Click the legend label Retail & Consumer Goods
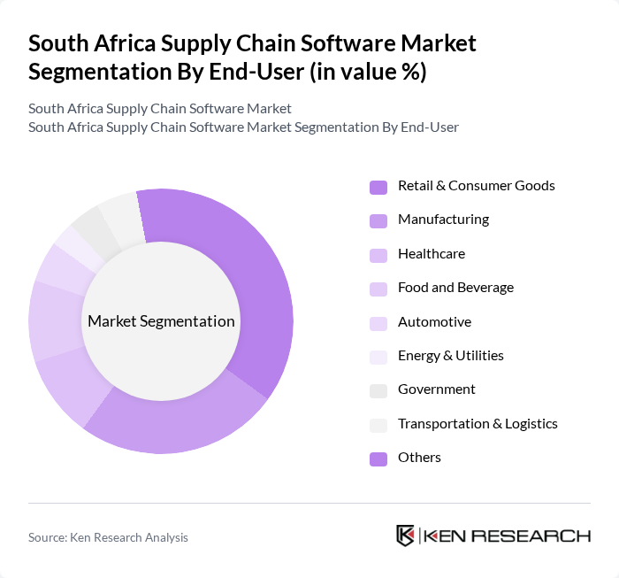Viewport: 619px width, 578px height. coord(476,186)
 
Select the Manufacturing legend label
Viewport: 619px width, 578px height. coord(443,220)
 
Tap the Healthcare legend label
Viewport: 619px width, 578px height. coord(431,254)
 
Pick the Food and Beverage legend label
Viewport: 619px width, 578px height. coord(455,288)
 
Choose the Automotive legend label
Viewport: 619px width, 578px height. coord(434,322)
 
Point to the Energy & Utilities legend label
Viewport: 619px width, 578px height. coord(450,356)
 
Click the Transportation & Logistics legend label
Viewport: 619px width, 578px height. coord(478,424)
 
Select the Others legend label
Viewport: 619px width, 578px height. coord(419,458)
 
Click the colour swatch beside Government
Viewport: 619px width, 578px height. coord(378,390)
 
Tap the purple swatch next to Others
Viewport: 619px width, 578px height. coord(378,459)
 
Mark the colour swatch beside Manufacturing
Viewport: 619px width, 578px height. coord(378,220)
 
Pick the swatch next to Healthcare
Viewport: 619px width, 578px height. coord(378,255)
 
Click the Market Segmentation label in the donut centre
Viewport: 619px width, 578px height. coord(161,321)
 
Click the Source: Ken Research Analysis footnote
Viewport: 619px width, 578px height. coord(108,537)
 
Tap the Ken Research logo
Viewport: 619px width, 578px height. coord(493,536)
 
